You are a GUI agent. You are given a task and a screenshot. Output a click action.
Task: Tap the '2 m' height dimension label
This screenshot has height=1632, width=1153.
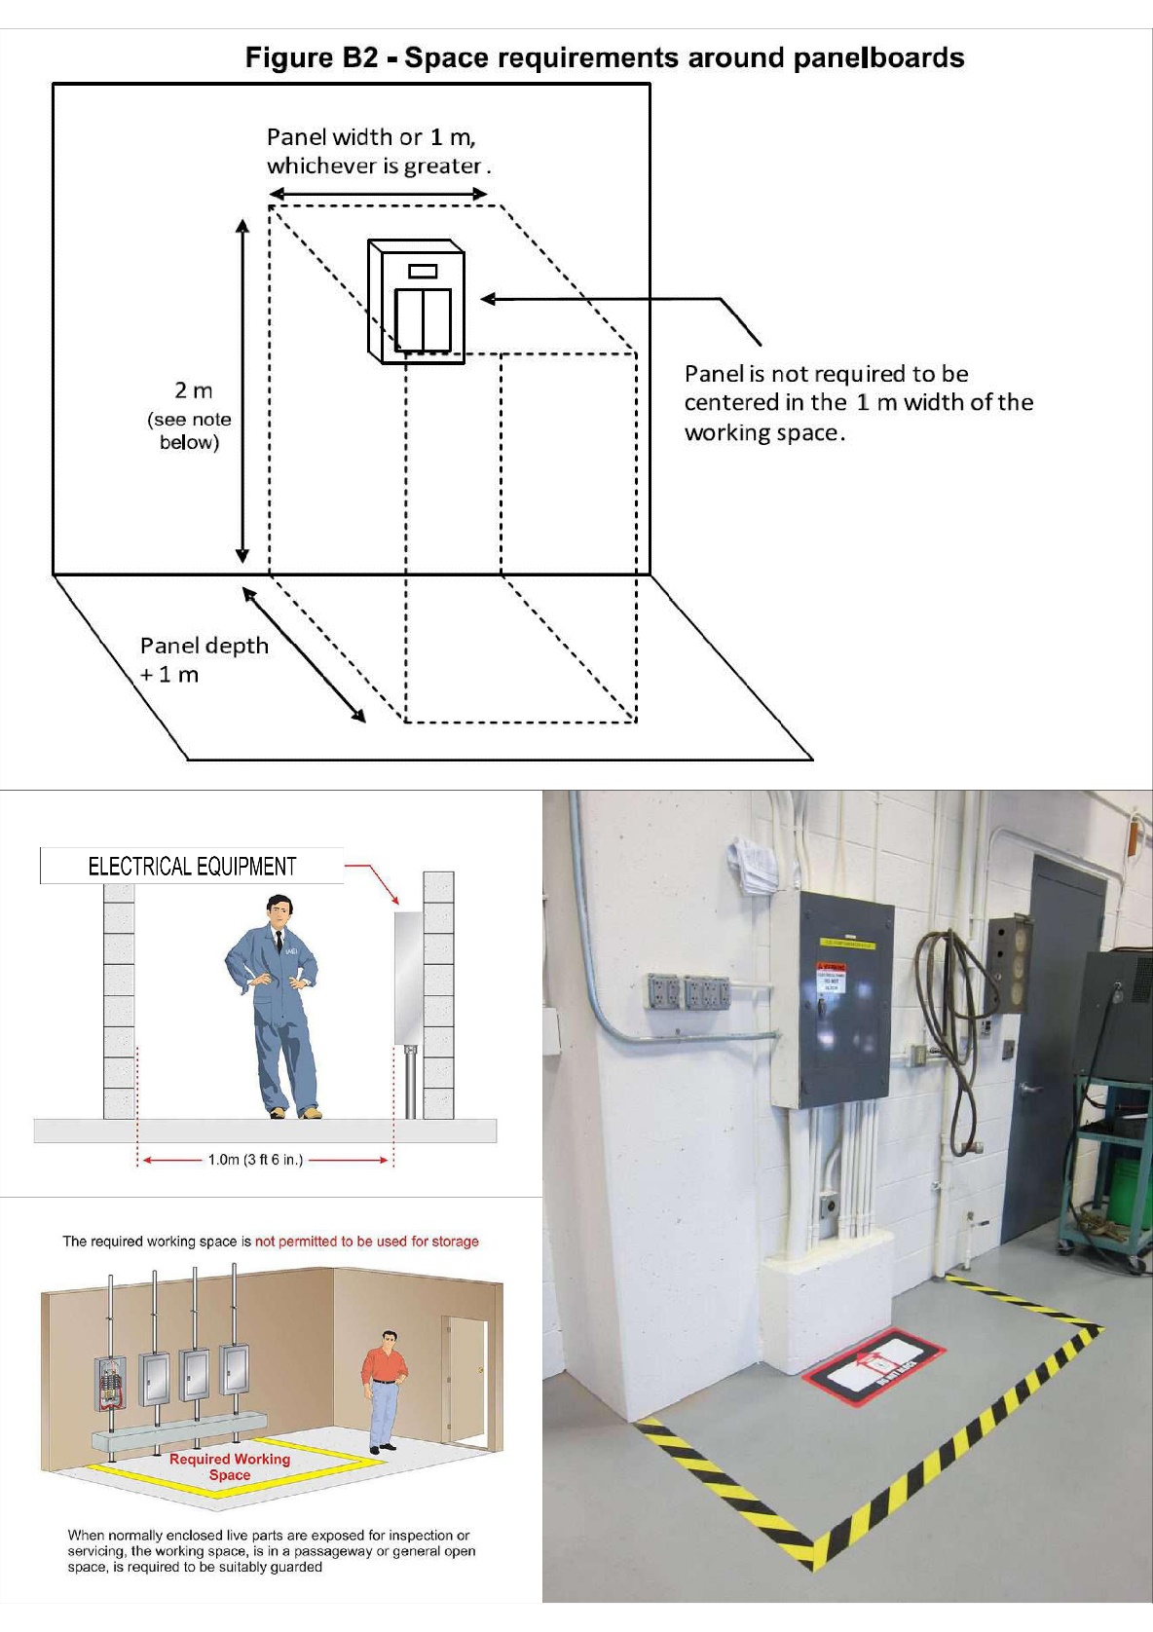[x=193, y=390]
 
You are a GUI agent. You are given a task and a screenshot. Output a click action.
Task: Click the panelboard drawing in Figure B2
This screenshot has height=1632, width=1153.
[x=416, y=301]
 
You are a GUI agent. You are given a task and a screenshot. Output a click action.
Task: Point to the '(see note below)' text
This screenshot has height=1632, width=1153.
[x=190, y=430]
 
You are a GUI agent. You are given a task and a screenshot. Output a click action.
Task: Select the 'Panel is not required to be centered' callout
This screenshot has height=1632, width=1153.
[x=857, y=402]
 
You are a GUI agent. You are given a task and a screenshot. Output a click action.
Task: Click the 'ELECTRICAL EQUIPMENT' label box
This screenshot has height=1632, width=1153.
[x=192, y=866]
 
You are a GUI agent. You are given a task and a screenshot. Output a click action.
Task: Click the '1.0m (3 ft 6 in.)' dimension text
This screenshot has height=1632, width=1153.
[x=255, y=1160]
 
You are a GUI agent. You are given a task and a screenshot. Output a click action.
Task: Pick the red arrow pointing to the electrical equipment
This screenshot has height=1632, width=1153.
[x=375, y=881]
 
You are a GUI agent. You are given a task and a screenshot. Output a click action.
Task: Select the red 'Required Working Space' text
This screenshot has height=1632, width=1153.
[x=230, y=1466]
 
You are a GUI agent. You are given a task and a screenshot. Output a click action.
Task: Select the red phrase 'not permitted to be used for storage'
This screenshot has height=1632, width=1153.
[x=366, y=1242]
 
